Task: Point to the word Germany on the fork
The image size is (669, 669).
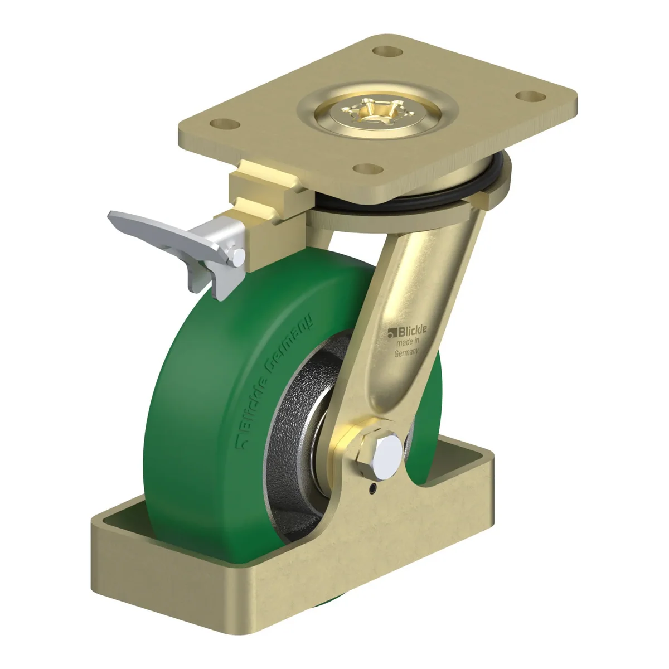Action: [407, 353]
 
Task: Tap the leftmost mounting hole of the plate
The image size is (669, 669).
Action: [226, 123]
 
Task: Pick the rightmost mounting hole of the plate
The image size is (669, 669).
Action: [531, 95]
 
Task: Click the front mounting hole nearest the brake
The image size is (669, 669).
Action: [368, 169]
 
